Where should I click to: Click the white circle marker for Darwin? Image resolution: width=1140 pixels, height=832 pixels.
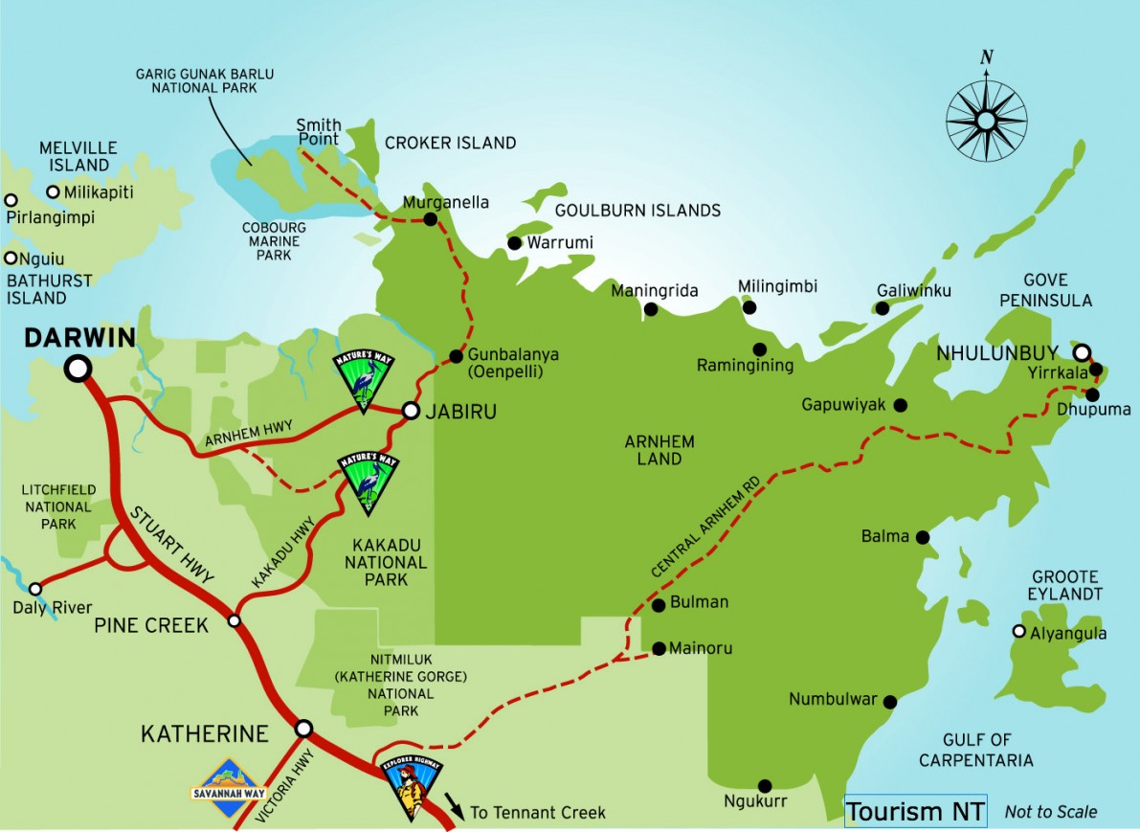click(x=78, y=369)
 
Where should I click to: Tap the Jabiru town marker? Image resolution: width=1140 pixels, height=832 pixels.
click(x=411, y=411)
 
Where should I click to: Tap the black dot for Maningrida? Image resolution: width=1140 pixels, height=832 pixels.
click(x=651, y=309)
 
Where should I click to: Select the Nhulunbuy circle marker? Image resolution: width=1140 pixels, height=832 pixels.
click(x=1082, y=351)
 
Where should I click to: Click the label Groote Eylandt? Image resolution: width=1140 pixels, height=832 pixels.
click(x=1066, y=586)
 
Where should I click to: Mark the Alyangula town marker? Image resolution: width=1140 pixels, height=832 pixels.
click(x=1019, y=632)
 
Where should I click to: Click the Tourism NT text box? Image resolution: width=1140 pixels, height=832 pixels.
click(x=915, y=812)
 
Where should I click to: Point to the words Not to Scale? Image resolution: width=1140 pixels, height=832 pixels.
click(x=1051, y=812)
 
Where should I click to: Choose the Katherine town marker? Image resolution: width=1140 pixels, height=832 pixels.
click(x=303, y=729)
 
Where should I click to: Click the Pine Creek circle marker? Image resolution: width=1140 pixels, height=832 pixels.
click(x=235, y=621)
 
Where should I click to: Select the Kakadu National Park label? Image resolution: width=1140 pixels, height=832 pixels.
click(x=386, y=563)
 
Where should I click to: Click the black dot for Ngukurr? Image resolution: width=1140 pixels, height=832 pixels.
click(x=765, y=785)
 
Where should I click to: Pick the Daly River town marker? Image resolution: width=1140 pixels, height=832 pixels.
click(x=35, y=589)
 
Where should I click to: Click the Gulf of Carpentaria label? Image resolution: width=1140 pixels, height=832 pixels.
click(x=975, y=750)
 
